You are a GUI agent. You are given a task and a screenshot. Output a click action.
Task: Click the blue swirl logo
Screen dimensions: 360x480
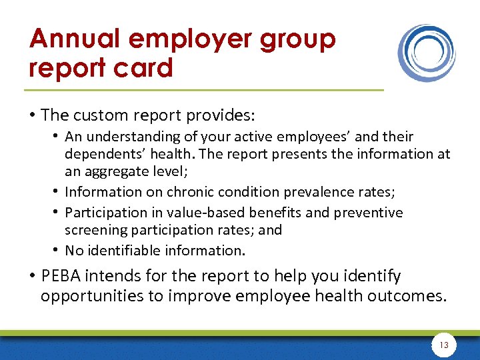pyautogui.click(x=427, y=53)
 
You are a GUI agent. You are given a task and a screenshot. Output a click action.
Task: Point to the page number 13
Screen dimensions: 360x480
pyautogui.click(x=444, y=345)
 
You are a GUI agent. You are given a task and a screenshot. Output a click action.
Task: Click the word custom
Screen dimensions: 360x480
pyautogui.click(x=97, y=115)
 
